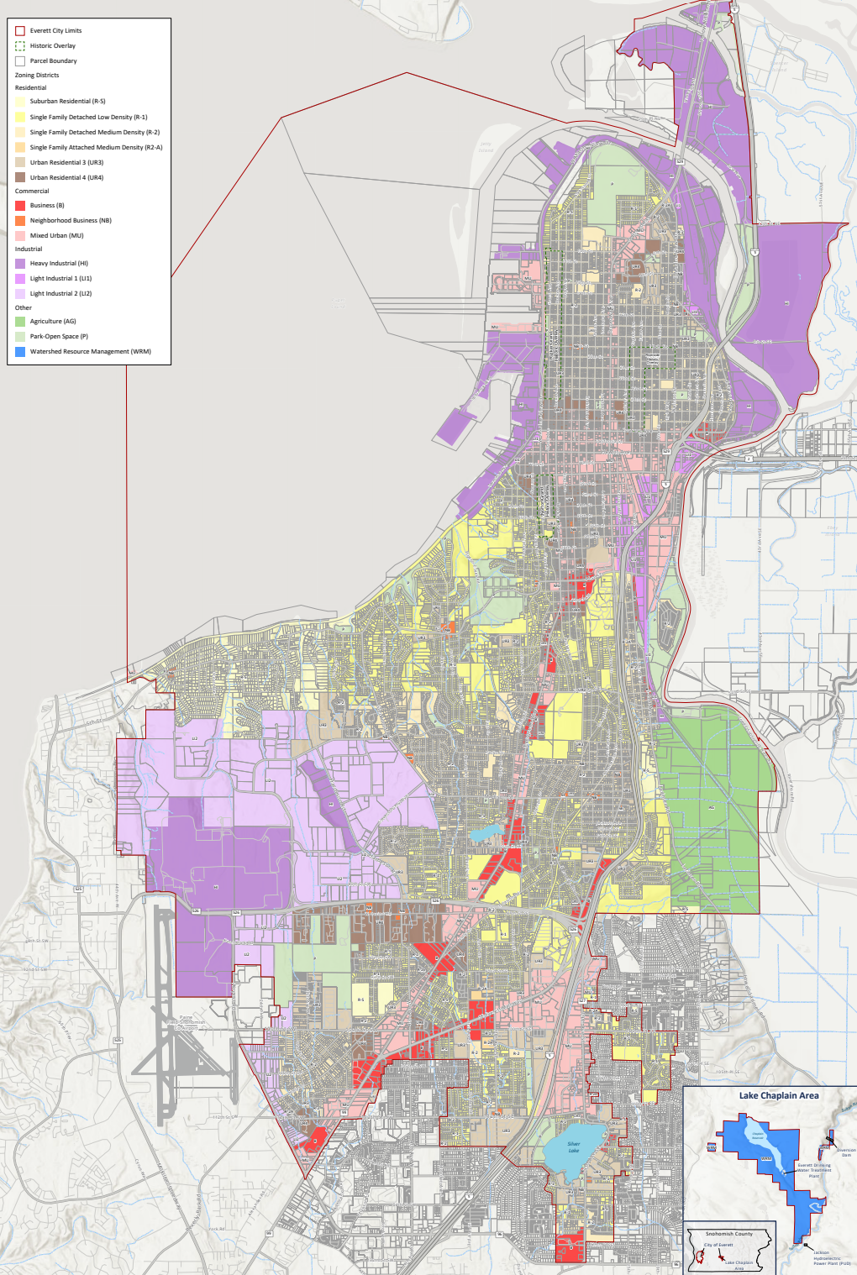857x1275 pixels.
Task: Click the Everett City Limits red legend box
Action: point(20,31)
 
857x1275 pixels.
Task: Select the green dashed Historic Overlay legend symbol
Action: point(20,46)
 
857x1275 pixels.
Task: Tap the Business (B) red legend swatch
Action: point(20,206)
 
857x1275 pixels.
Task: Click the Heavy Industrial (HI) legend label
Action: point(59,264)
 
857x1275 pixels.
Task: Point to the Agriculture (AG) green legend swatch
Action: point(20,322)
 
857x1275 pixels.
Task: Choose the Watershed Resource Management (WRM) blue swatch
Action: point(20,352)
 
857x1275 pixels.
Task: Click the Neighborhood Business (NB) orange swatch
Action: point(20,221)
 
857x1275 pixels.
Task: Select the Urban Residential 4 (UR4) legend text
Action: point(66,178)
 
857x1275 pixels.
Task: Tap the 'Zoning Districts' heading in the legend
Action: point(37,76)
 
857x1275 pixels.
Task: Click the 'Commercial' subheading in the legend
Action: point(32,192)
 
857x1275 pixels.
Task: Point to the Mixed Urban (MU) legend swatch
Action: point(20,236)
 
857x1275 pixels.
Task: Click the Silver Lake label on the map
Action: point(573,1146)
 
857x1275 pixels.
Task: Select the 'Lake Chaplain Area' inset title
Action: point(778,1095)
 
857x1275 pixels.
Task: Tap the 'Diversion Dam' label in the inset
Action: point(845,1152)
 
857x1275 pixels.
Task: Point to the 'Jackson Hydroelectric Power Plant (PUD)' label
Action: point(831,1257)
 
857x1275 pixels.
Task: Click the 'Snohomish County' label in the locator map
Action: point(728,1234)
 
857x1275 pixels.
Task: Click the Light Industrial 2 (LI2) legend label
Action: point(60,294)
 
